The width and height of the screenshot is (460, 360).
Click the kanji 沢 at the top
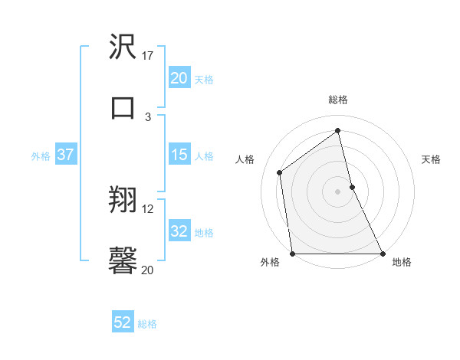[x=123, y=47]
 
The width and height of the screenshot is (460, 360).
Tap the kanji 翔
[x=123, y=201]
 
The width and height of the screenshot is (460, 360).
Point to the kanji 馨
[x=123, y=260]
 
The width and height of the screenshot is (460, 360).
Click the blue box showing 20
[x=179, y=77]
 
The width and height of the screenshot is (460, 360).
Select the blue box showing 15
[x=179, y=155]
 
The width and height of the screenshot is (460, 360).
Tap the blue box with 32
[x=179, y=231]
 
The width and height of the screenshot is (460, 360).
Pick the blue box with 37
[x=65, y=155]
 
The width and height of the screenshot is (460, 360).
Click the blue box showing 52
[x=123, y=322]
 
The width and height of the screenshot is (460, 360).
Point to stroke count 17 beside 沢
[x=148, y=56]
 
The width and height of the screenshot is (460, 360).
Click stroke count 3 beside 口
[x=148, y=116]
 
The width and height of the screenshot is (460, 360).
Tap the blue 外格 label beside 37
[x=41, y=155]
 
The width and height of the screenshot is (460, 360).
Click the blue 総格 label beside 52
[x=147, y=323]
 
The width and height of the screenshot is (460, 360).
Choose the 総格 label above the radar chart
[x=338, y=100]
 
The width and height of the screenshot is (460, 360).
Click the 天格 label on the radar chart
[x=432, y=159]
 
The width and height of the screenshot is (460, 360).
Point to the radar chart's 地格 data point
[x=382, y=253]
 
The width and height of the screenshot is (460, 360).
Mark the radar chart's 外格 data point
[x=293, y=253]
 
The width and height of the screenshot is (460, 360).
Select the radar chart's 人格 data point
[x=280, y=172]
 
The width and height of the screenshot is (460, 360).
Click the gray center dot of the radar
[x=337, y=191]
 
